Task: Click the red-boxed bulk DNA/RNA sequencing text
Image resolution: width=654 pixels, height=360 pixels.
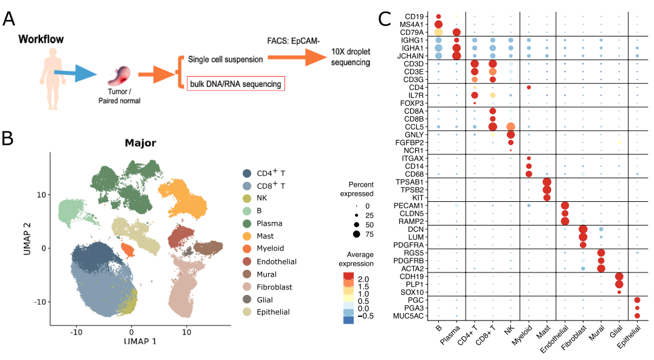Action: pos(235,83)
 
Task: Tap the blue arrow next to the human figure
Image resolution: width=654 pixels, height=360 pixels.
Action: pos(76,75)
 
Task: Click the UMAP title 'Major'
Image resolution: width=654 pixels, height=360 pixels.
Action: pos(141,144)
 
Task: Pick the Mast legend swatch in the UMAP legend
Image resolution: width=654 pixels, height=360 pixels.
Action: pos(247,235)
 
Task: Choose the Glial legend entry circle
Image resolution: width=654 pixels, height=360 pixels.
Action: pos(247,299)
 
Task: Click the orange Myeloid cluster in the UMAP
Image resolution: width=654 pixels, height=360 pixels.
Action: pos(127,250)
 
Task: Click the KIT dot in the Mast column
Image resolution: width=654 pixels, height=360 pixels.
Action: pos(546,197)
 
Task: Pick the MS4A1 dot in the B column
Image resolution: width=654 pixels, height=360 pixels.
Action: pos(438,24)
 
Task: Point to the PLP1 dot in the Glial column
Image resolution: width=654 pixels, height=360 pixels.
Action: pos(619,284)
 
